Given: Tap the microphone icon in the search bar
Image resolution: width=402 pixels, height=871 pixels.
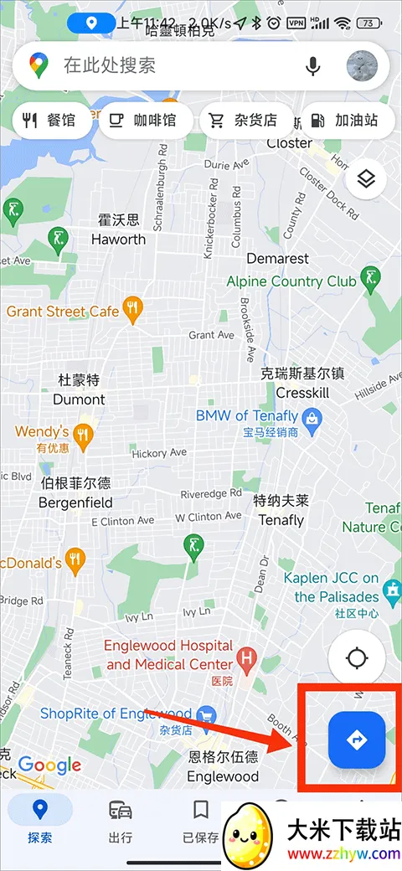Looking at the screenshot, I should [x=312, y=65].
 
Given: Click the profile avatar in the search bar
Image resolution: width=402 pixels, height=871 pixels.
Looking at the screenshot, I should [x=362, y=65].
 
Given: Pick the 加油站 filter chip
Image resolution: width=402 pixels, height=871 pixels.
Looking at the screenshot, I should [x=344, y=121].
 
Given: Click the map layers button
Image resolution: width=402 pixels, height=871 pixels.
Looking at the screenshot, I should [x=365, y=178].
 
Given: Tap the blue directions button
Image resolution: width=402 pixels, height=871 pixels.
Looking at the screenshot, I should [x=357, y=740].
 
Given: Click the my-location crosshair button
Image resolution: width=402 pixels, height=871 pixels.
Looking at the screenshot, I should [x=357, y=657].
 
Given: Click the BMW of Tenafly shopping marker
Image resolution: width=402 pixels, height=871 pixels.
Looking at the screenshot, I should [x=312, y=416].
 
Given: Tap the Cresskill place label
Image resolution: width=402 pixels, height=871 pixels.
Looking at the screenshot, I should [x=302, y=393].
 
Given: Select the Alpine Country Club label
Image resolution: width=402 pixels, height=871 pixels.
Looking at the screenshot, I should [x=291, y=281].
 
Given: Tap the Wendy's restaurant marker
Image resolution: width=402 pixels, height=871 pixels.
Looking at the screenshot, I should [x=81, y=433].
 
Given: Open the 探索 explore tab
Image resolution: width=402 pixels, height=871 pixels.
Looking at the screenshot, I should [x=39, y=820].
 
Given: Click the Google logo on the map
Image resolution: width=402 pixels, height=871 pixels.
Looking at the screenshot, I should [x=49, y=765].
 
